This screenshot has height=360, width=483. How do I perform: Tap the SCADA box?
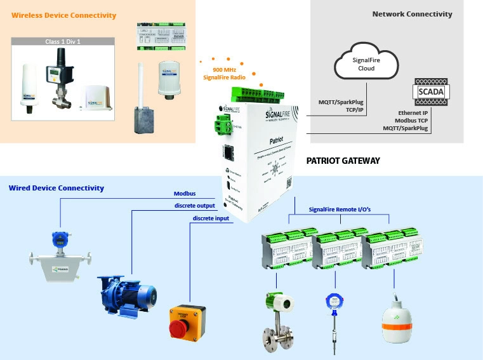[433, 93]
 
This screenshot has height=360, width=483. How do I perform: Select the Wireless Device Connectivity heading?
[64, 15]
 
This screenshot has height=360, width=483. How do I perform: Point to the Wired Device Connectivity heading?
[56, 188]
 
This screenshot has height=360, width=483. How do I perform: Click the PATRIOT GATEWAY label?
[343, 161]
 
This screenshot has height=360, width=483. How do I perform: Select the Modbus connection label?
[185, 194]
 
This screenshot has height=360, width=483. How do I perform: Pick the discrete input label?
[211, 218]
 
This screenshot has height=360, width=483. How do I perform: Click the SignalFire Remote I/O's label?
[340, 209]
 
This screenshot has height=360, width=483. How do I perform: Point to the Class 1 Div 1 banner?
[63, 41]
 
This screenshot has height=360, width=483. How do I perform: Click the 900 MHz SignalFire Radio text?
[224, 73]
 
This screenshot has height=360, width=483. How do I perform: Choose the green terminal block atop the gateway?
[274, 92]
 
